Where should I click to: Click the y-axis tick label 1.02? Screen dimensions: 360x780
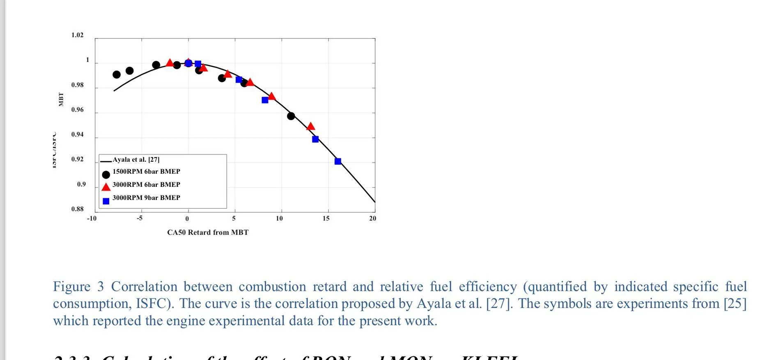[77, 35]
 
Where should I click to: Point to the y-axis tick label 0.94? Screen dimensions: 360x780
[77, 135]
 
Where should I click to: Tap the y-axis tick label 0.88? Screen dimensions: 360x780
[77, 209]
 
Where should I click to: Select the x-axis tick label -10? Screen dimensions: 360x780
[92, 218]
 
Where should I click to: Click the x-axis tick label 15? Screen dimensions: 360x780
[326, 218]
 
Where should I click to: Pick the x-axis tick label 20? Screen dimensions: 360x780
[372, 218]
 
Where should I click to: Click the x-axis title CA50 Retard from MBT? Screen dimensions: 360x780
[208, 232]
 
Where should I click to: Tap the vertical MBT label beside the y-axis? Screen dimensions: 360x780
[61, 99]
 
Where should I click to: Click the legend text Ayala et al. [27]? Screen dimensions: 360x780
[136, 160]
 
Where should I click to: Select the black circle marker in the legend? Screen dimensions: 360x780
[106, 174]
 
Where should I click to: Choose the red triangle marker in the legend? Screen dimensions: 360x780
[106, 187]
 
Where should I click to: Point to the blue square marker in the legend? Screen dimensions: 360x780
[106, 201]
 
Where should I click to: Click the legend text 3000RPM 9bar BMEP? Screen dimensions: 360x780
[146, 198]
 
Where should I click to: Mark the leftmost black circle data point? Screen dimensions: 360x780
[117, 75]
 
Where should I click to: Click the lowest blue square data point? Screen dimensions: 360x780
[338, 161]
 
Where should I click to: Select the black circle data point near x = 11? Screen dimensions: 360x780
[291, 116]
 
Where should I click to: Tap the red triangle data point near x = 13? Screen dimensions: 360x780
[311, 126]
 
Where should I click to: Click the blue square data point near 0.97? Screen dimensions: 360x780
[265, 100]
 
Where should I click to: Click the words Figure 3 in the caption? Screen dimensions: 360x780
[78, 287]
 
